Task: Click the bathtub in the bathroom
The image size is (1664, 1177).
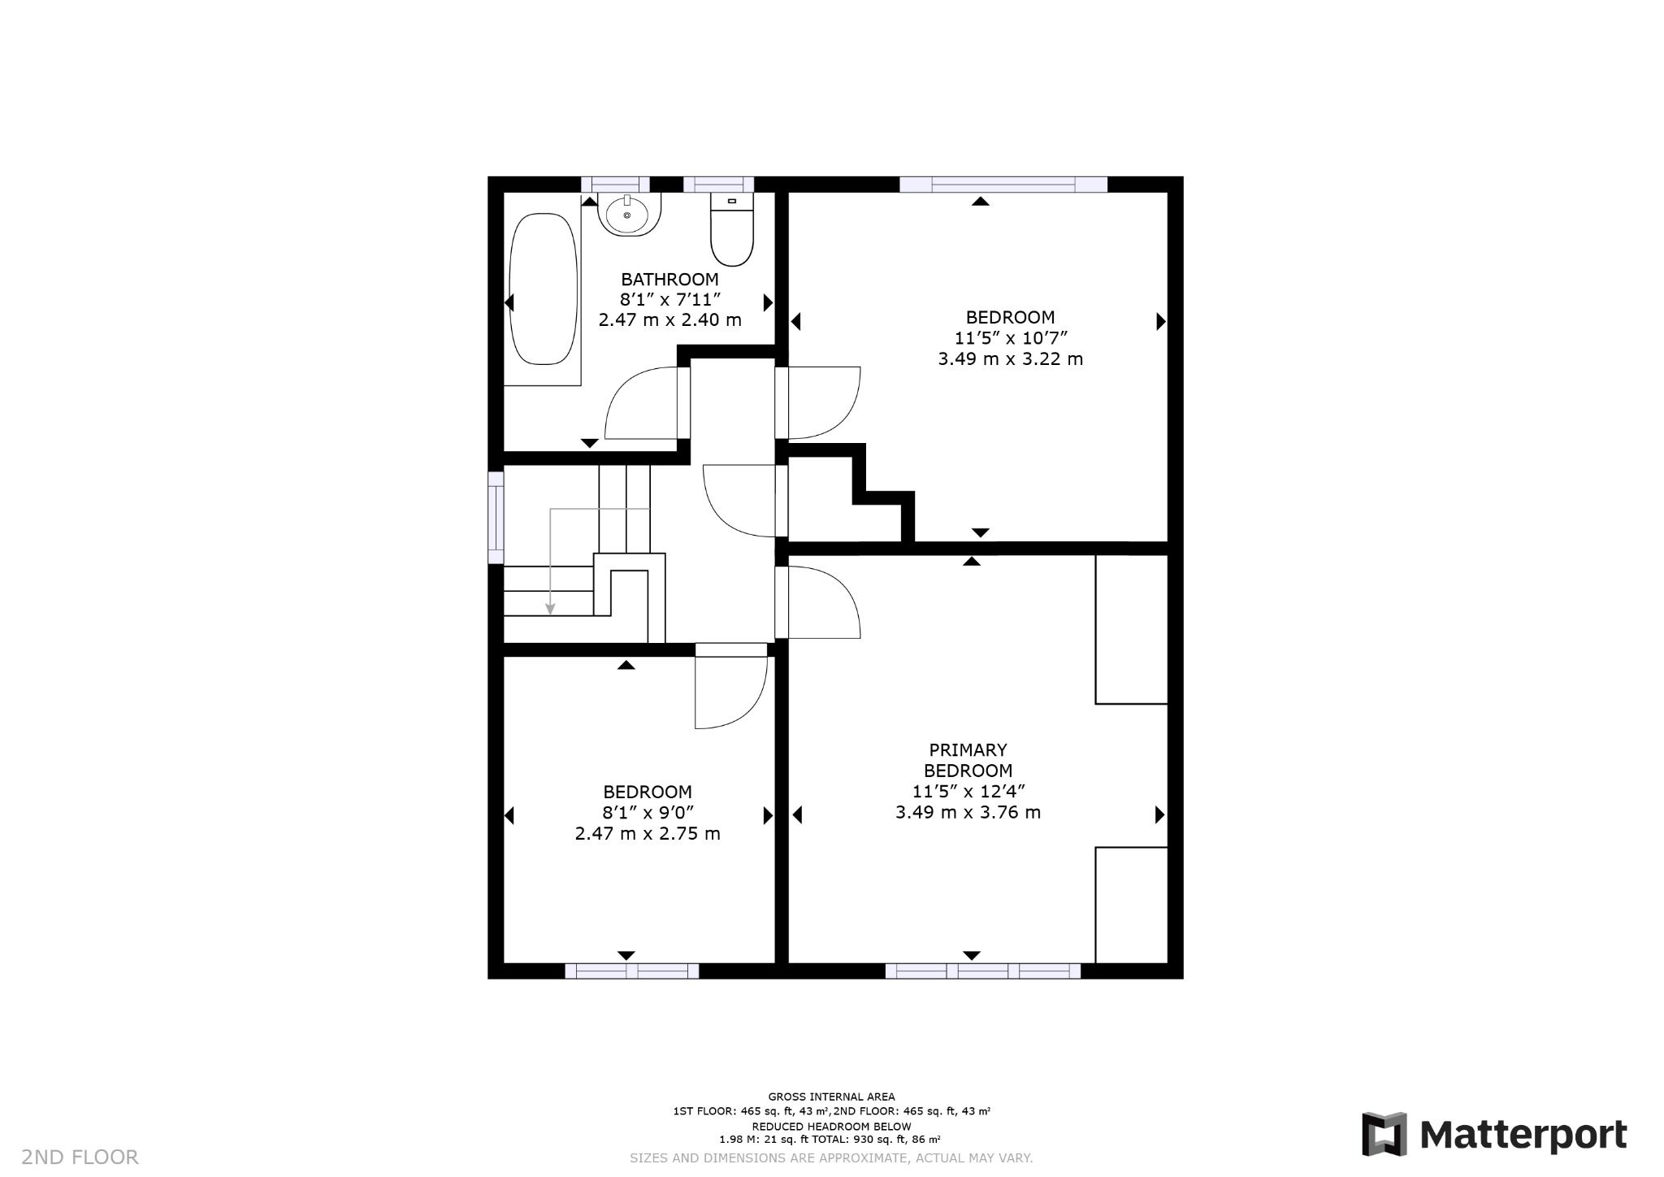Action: tap(543, 289)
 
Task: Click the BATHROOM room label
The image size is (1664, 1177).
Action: tap(669, 280)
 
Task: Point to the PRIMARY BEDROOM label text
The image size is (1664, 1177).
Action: tap(968, 760)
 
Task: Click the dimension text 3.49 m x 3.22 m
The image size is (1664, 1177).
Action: tap(1010, 359)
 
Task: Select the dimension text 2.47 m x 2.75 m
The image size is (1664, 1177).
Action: tap(648, 834)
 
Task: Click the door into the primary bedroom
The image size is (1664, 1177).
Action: tap(821, 602)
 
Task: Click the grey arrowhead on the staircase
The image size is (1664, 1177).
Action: tap(550, 609)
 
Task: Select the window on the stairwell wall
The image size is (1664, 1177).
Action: tap(496, 518)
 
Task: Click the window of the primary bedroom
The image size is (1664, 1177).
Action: tap(982, 971)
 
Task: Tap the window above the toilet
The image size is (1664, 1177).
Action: tap(718, 185)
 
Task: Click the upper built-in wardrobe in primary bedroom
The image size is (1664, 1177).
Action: tap(1131, 629)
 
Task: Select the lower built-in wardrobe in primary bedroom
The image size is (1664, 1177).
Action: tap(1131, 905)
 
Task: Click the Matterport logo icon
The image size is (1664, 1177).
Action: tap(1384, 1134)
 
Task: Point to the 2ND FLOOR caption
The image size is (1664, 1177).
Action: tap(80, 1157)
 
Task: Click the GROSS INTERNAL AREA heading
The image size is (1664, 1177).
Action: tap(831, 1097)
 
